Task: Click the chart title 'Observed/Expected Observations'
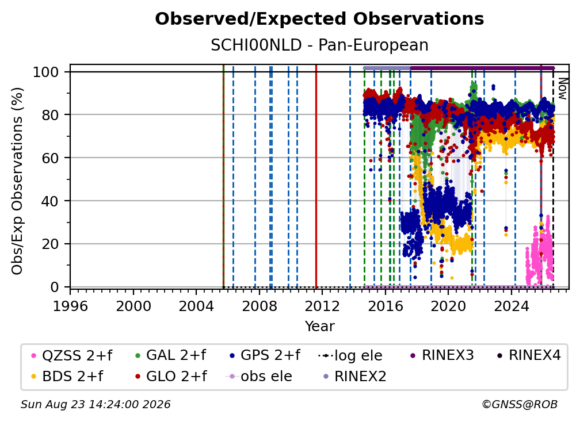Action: pyautogui.click(x=319, y=19)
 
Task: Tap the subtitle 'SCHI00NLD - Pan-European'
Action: pyautogui.click(x=319, y=45)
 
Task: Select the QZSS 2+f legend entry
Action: pyautogui.click(x=72, y=355)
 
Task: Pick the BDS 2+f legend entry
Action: pyautogui.click(x=67, y=377)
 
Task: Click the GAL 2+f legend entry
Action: pyautogui.click(x=170, y=355)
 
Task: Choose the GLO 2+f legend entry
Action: pyautogui.click(x=171, y=377)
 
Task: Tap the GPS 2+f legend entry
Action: pyautogui.click(x=265, y=355)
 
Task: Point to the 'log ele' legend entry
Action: pyautogui.click(x=350, y=356)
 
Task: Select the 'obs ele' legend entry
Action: pyautogui.click(x=258, y=377)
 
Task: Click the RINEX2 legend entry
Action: pyautogui.click(x=354, y=377)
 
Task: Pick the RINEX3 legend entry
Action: pyautogui.click(x=442, y=355)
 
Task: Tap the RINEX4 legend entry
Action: pyautogui.click(x=529, y=355)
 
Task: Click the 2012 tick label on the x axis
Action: pyautogui.click(x=322, y=306)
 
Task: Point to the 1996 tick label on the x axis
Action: pyautogui.click(x=70, y=306)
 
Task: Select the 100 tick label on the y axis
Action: pyautogui.click(x=46, y=72)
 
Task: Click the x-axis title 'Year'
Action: pyautogui.click(x=319, y=327)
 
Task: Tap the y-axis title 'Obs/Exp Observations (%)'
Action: pyautogui.click(x=17, y=181)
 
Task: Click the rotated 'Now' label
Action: pyautogui.click(x=562, y=89)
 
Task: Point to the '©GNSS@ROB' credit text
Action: pyautogui.click(x=520, y=405)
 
